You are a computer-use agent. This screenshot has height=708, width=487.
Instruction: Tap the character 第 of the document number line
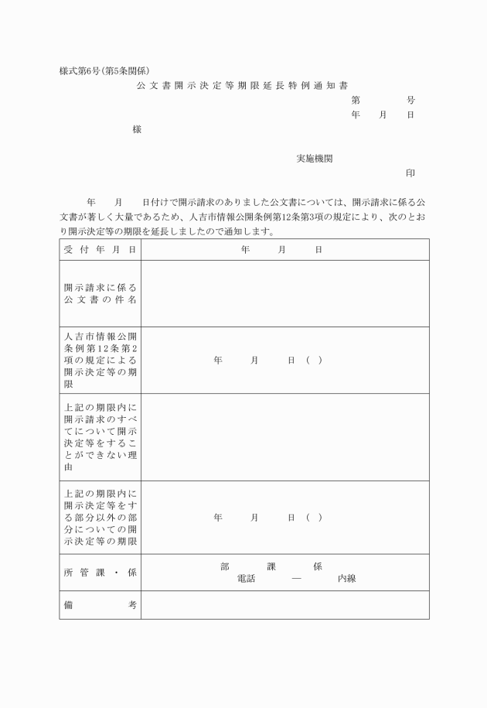point(356,100)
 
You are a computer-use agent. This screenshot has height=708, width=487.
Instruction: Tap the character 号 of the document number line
point(410,100)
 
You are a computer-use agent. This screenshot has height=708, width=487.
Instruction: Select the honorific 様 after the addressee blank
point(137,129)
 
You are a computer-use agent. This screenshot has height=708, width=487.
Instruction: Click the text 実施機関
point(315,158)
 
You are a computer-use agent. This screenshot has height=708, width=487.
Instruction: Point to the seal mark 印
point(410,173)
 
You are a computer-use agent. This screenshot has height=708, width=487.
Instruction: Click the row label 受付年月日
point(100,250)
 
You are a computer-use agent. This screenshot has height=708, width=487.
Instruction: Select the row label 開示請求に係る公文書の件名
point(100,293)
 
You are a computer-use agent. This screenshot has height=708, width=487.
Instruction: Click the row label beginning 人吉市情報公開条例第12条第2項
point(100,360)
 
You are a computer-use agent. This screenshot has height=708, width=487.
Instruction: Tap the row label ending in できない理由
point(100,436)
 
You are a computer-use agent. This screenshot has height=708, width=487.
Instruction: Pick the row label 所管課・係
point(100,573)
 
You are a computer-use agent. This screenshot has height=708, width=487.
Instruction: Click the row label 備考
point(100,605)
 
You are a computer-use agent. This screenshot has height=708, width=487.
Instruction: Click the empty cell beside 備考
point(284,605)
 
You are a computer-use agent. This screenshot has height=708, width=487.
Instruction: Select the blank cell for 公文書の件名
point(284,293)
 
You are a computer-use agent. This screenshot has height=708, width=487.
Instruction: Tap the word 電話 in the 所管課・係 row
point(247,579)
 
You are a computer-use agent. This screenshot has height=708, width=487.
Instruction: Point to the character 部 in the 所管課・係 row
point(224,566)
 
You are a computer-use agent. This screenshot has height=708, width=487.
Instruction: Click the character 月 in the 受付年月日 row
point(282,250)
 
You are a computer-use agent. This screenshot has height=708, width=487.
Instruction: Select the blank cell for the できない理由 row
point(284,436)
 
